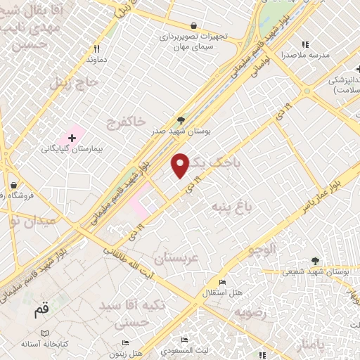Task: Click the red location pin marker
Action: [181, 165]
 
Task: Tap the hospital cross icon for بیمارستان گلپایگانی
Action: [72, 136]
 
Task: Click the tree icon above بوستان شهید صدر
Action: [181, 120]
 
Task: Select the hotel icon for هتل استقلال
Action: [223, 282]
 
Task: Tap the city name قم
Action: [42, 310]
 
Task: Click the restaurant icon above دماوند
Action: [97, 49]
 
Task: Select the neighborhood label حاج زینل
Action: [70, 82]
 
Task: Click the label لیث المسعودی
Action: [211, 349]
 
